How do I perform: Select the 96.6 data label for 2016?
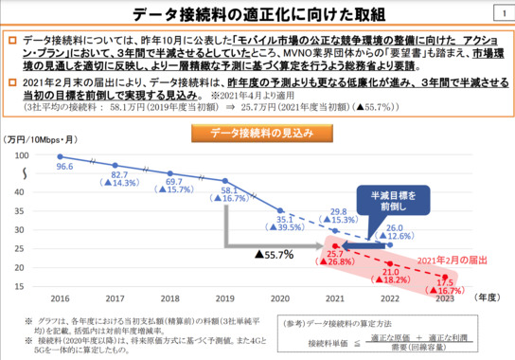63,166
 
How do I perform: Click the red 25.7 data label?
336,254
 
